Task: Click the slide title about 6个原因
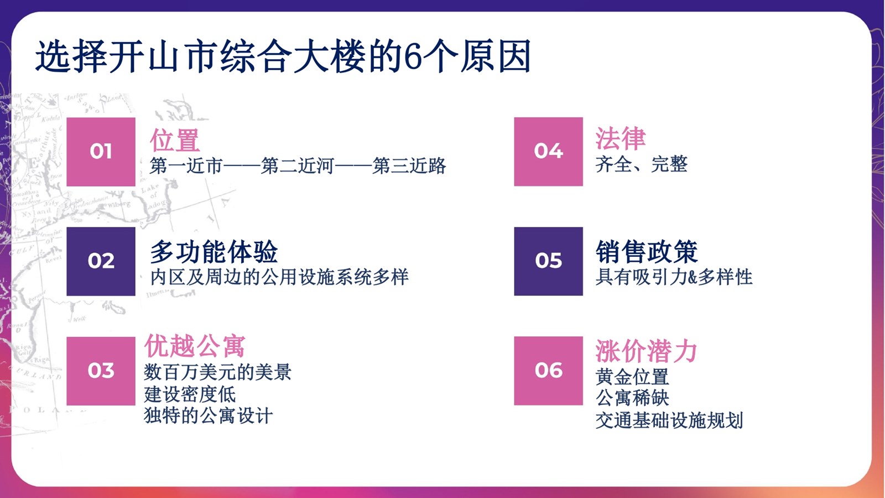[283, 56]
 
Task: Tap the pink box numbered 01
[101, 152]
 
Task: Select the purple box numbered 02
[101, 261]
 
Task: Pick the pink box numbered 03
[101, 371]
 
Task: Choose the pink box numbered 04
[548, 152]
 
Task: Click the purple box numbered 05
[548, 261]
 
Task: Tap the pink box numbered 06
[548, 371]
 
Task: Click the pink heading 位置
[175, 140]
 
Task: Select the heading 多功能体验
[214, 252]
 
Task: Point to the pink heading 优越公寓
[194, 345]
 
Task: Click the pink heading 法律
[620, 138]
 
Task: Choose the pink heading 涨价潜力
[646, 351]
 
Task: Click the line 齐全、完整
[641, 164]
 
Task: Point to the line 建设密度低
[190, 394]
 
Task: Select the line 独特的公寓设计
[208, 416]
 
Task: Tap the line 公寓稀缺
[632, 398]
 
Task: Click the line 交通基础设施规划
[669, 420]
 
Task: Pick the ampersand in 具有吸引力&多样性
[692, 277]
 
